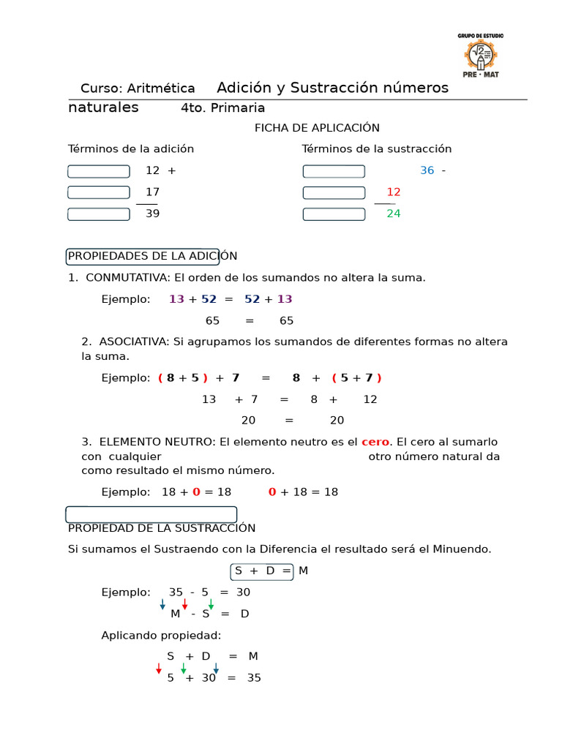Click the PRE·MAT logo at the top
481,56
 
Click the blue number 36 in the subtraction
427,170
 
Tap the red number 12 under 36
394,192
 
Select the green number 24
394,214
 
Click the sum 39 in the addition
152,214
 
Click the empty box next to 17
99,192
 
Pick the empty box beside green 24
334,214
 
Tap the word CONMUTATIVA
127,278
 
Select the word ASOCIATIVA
132,342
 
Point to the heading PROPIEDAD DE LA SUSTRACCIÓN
162,528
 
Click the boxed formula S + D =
262,571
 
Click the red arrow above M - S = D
185,603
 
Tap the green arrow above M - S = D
211,603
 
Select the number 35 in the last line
253,678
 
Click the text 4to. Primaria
222,108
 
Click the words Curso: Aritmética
138,89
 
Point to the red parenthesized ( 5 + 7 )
356,378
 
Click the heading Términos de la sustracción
377,149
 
